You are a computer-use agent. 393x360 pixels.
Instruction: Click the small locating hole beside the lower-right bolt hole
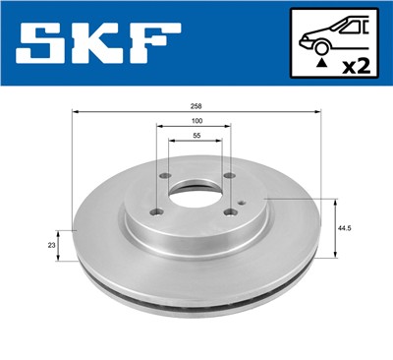tap(242, 204)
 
